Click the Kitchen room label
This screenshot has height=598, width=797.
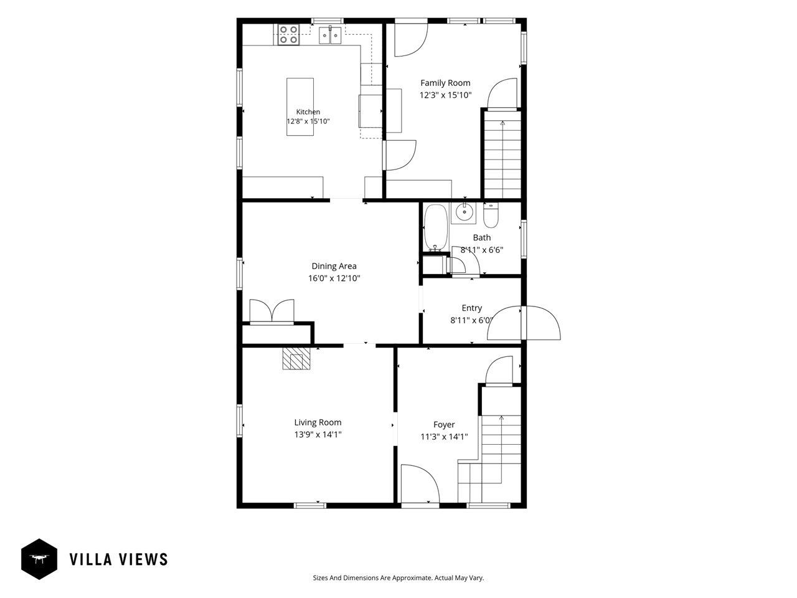point(308,112)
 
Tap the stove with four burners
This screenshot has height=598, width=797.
point(289,34)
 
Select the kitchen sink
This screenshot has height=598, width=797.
point(330,35)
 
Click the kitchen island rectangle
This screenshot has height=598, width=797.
point(300,107)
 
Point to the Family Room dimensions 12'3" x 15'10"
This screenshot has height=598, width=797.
point(445,95)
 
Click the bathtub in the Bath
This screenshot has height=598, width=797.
point(435,227)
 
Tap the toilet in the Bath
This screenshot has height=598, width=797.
point(491,215)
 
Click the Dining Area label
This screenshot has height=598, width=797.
point(334,266)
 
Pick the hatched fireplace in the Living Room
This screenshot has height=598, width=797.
point(296,358)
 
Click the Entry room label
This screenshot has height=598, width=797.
point(472,308)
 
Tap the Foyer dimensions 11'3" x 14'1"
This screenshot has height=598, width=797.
point(444,437)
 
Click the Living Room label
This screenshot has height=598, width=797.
point(318,422)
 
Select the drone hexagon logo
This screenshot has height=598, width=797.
point(39,559)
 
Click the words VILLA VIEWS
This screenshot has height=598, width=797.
point(119,559)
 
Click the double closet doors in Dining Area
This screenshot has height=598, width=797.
point(271,311)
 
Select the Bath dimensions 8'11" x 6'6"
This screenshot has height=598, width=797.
point(482,250)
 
